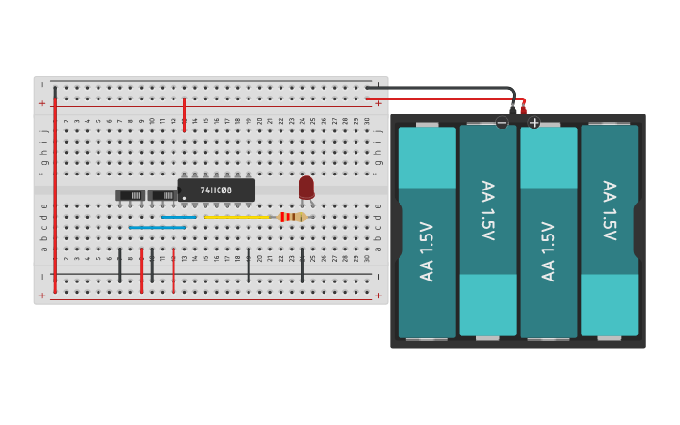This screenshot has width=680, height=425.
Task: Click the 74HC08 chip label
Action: point(217,190)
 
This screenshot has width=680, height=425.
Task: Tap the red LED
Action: point(307,188)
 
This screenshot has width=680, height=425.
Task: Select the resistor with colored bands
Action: point(292,217)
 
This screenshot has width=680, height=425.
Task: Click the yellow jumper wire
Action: point(236,217)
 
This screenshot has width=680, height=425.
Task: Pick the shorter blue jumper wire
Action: point(178,217)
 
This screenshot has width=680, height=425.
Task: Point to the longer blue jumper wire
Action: point(157,228)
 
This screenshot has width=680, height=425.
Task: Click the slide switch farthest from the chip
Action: point(130,195)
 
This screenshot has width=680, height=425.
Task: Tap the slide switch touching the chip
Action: point(163,195)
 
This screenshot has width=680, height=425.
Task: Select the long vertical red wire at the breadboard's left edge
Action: point(55,188)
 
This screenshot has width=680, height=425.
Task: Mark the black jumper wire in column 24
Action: point(302,266)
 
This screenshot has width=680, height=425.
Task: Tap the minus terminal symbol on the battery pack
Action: point(502,123)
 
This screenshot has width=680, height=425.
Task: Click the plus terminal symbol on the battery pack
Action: point(535,123)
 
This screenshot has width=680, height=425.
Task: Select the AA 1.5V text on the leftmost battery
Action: point(427,250)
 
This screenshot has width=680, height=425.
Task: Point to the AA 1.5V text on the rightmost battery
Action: point(609,211)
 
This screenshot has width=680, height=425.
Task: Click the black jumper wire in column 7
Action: point(119,266)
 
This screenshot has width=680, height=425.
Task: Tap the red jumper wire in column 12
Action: point(174,270)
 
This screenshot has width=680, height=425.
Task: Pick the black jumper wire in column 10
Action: point(152,266)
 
